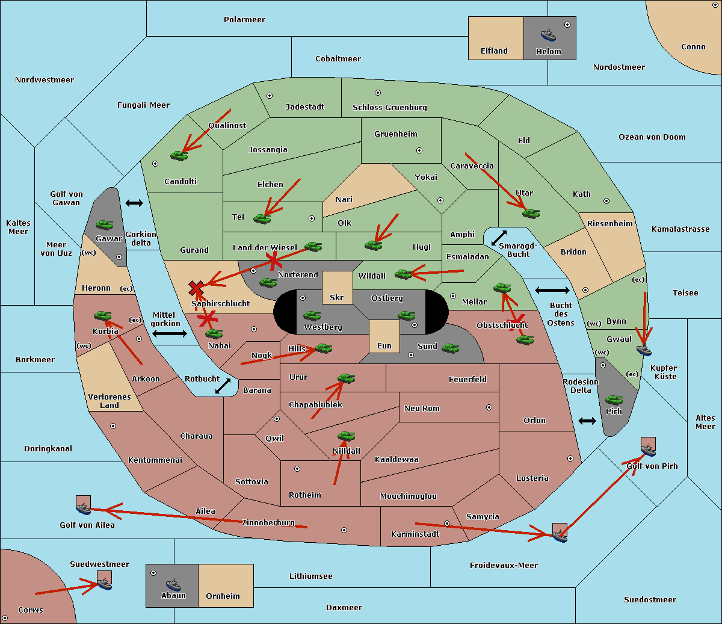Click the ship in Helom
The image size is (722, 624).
548,34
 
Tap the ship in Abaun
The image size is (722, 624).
174,584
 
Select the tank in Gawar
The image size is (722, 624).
105,224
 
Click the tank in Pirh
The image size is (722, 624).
614,400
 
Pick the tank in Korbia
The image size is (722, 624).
102,316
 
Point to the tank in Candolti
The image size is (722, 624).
179,155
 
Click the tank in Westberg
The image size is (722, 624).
312,316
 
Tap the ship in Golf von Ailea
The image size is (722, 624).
84,508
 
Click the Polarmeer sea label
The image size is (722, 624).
244,20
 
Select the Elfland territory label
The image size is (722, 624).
494,51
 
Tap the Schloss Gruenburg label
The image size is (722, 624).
390,107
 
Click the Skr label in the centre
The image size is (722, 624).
337,297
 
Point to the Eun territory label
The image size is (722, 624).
384,345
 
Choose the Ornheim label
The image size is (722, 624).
223,596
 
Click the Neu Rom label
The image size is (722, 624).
422,408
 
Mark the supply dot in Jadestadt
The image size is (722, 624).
270,96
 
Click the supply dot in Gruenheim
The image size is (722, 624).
419,150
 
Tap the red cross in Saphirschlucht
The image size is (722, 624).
196,288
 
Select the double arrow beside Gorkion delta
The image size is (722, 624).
134,203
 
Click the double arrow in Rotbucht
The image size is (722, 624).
223,386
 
